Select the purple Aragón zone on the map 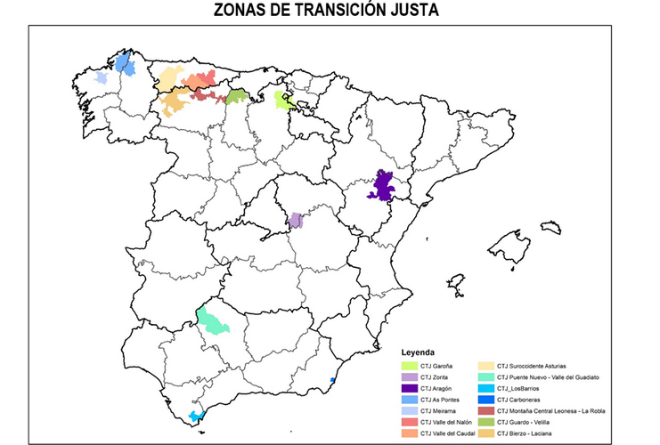coord(385,187)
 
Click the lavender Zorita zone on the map coord(297,220)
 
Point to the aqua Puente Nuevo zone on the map coord(214,320)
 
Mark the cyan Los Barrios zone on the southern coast coord(195,416)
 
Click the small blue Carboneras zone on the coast coord(332,380)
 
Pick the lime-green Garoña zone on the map coord(285,101)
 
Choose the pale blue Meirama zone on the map coord(102,78)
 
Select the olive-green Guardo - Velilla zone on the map coord(236,96)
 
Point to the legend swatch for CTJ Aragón coord(410,388)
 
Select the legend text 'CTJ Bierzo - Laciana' coord(529,433)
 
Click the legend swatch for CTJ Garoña coord(410,366)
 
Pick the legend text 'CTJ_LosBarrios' coord(521,388)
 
